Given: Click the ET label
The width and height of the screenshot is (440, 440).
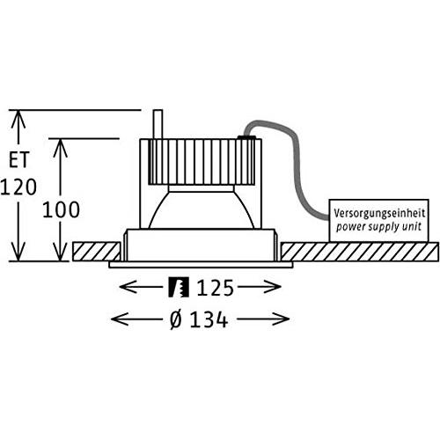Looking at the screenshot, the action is pos(19,159).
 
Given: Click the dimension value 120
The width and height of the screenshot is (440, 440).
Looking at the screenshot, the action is pos(18,187).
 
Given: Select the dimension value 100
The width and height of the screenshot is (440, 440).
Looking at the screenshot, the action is pos(61,209).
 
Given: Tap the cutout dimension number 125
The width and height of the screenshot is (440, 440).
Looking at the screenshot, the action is pos(216,288).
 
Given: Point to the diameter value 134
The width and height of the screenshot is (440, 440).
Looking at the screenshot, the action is pos(209,319).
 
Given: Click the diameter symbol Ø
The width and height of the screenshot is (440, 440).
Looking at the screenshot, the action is pos(176,319).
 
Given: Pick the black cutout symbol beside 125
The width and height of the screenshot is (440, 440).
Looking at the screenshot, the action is pos(179,288).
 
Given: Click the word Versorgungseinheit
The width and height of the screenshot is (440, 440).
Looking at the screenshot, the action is pos(379,213).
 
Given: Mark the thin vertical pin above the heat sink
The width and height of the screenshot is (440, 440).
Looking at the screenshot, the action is pos(158,124).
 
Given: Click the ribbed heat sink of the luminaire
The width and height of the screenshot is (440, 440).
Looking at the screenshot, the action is pos(202,162).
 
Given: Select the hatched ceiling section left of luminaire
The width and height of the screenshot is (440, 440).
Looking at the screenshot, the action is pos(96,252).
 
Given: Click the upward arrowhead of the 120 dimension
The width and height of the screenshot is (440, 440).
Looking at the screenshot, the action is pos(18,119).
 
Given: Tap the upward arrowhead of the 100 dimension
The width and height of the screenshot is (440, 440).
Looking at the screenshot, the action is pos(60,147).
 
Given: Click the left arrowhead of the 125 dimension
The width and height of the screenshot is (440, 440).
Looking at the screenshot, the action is pos(128,287).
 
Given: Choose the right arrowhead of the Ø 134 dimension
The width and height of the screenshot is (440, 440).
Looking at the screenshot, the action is pos(281,319).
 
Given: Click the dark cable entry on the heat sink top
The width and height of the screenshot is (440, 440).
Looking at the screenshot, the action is pos(246,137).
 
